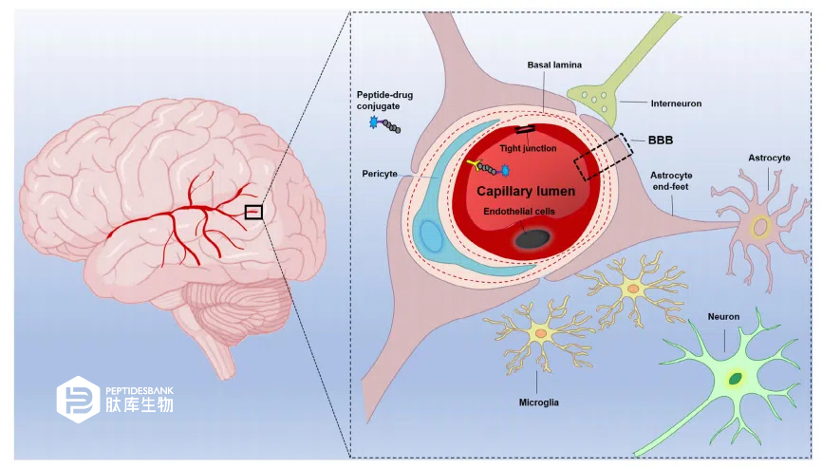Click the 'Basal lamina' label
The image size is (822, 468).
coord(554,65)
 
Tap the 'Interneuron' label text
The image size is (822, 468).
coord(676,103)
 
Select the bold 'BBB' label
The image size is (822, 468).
coord(661,140)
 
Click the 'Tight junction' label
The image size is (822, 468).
coord(528,148)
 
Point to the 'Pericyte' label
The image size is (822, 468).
coord(380,174)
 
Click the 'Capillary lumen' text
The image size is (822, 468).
coord(526,192)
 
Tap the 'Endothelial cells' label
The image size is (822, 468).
coord(519,211)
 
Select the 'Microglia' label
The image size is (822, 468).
coord(538,402)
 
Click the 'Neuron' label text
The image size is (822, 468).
coord(723,316)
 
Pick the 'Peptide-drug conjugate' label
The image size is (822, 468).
coord(384,100)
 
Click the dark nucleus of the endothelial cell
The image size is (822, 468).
coord(532,239)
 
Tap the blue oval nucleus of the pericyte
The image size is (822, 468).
coord(432,236)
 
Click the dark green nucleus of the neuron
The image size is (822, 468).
coord(736,378)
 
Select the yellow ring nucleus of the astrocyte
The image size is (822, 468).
coord(760,228)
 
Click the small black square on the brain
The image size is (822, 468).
coord(253,212)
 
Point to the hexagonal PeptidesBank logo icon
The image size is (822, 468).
coord(78,400)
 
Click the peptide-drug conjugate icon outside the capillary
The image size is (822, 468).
coord(384,124)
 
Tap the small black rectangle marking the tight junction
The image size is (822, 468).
coord(525,129)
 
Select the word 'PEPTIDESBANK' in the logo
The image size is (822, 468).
coord(140,391)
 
